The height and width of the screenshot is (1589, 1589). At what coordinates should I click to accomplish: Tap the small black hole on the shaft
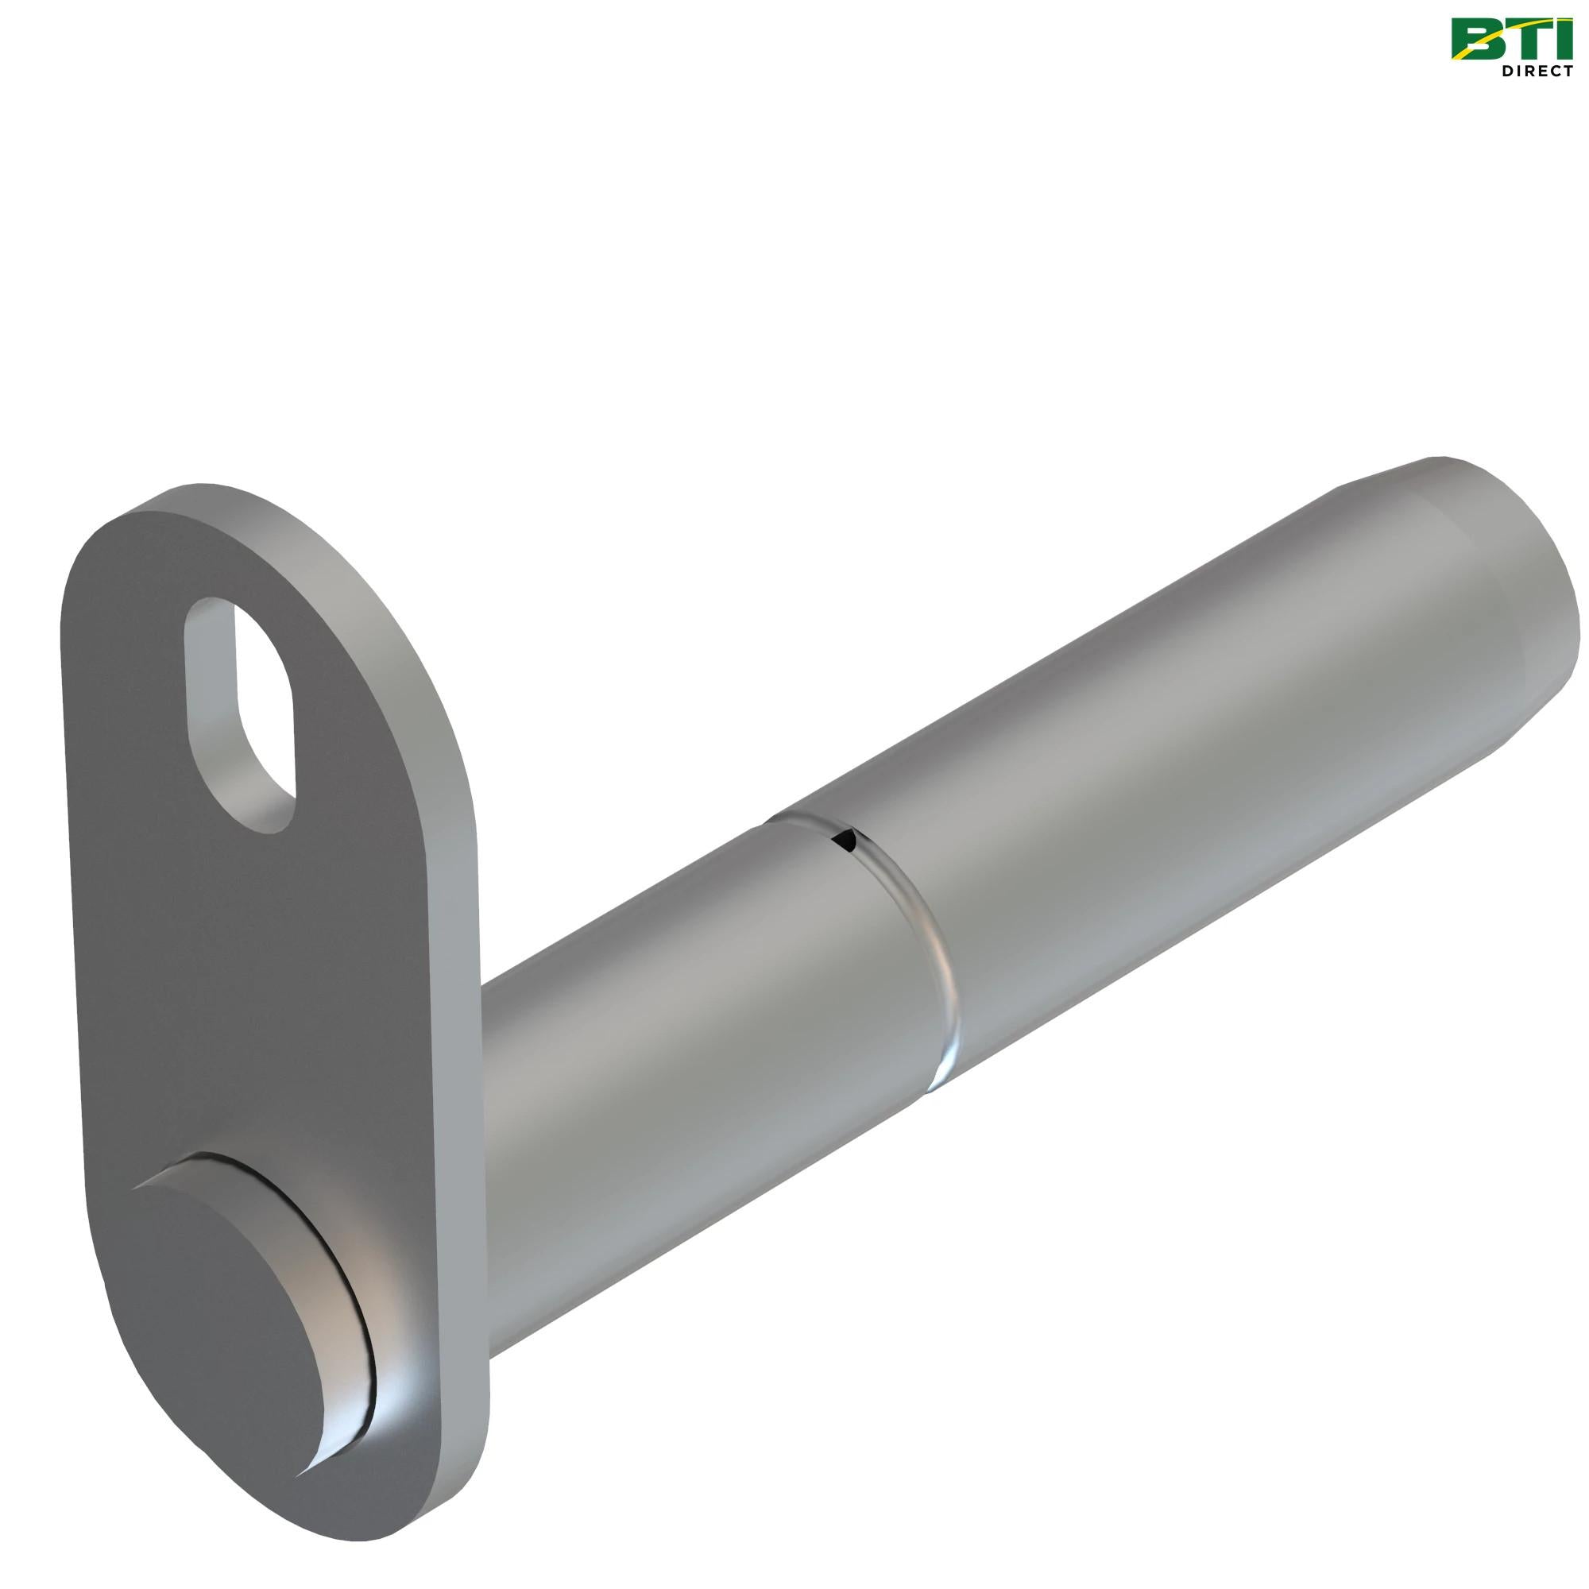click(844, 839)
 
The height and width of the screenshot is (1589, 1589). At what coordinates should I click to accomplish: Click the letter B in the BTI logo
click(1477, 41)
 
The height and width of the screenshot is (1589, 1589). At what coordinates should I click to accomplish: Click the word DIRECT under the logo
click(1537, 72)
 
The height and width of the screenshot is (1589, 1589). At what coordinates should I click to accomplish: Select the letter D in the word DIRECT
click(1506, 72)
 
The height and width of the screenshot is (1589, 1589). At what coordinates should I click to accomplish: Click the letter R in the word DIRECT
click(1529, 72)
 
